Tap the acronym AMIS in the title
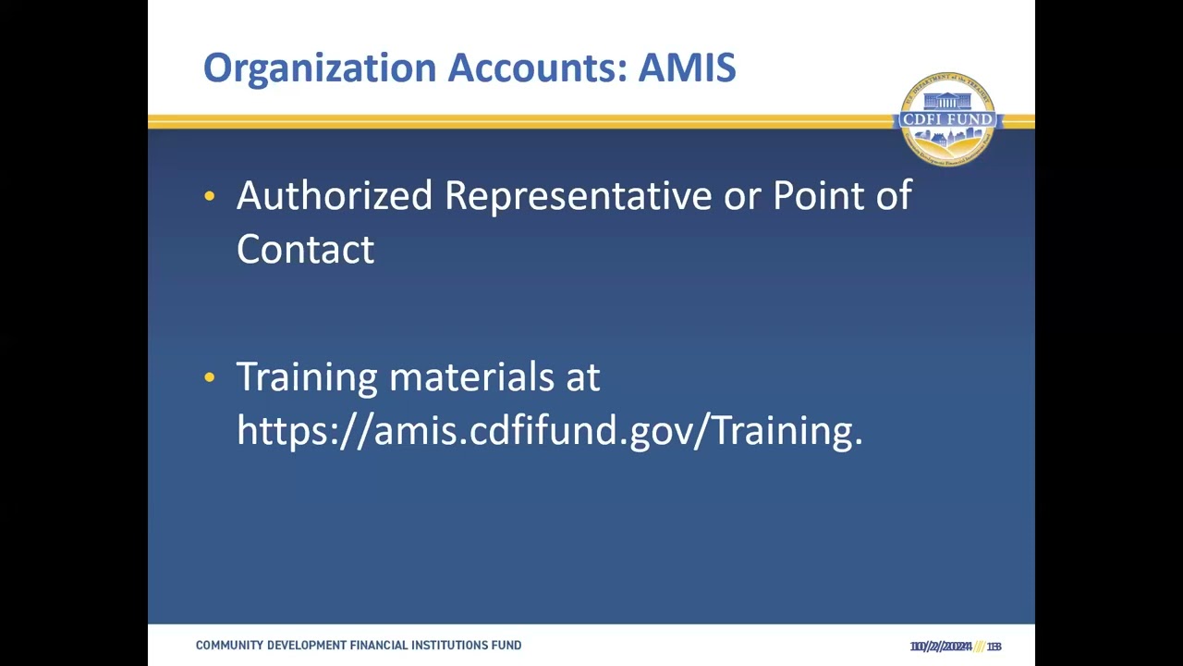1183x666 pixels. pyautogui.click(x=687, y=68)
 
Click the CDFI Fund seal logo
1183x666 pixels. pyautogui.click(x=947, y=119)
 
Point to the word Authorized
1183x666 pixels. pyautogui.click(x=334, y=196)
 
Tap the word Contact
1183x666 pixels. pyautogui.click(x=305, y=250)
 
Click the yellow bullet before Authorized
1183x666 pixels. pyautogui.click(x=210, y=196)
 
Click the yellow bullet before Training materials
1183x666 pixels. pyautogui.click(x=210, y=377)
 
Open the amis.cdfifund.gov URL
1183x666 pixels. pyautogui.click(x=549, y=431)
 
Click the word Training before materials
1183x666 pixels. pyautogui.click(x=307, y=377)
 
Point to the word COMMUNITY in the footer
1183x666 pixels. pyautogui.click(x=229, y=646)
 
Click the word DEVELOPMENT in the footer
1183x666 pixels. pyautogui.click(x=306, y=646)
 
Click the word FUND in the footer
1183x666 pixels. pyautogui.click(x=507, y=646)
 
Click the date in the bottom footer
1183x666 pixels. pyautogui.click(x=941, y=647)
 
